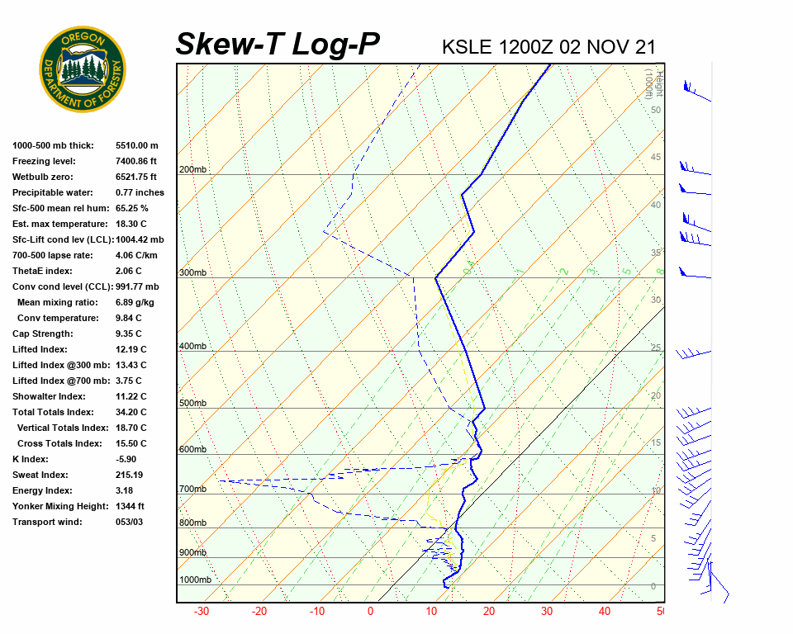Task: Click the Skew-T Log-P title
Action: pyautogui.click(x=278, y=44)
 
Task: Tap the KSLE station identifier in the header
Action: pyautogui.click(x=468, y=46)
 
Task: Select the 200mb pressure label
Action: pyautogui.click(x=192, y=170)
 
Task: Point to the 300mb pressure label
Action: pyautogui.click(x=192, y=273)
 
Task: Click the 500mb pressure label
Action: pyautogui.click(x=192, y=403)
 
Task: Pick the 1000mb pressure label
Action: pyautogui.click(x=195, y=580)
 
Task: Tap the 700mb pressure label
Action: pyautogui.click(x=192, y=489)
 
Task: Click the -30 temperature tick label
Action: pyautogui.click(x=201, y=612)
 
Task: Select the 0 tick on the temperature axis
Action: pyautogui.click(x=370, y=612)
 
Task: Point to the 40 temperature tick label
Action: pyautogui.click(x=605, y=612)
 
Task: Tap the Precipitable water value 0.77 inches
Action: pyautogui.click(x=140, y=192)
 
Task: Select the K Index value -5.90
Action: pyautogui.click(x=127, y=459)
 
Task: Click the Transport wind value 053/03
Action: pyautogui.click(x=130, y=522)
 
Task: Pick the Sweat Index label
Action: pyautogui.click(x=40, y=475)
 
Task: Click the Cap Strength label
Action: pyautogui.click(x=43, y=334)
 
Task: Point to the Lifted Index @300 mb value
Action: pyautogui.click(x=131, y=365)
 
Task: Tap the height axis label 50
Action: pyautogui.click(x=655, y=110)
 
